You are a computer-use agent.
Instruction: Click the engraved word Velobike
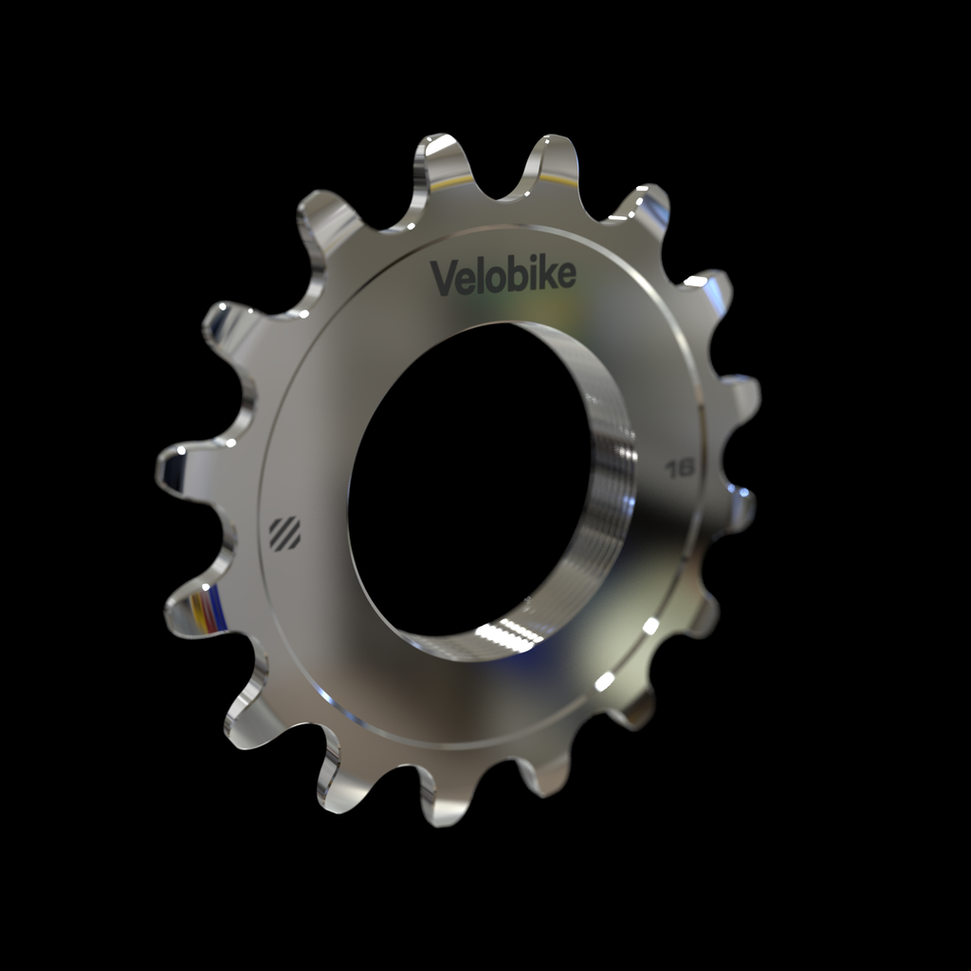click(503, 276)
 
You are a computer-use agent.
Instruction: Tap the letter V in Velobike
click(443, 277)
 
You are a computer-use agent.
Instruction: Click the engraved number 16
click(680, 467)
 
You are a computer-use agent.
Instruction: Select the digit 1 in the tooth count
click(670, 467)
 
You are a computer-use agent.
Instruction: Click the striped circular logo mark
click(284, 533)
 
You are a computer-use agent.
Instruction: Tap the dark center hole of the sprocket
click(465, 474)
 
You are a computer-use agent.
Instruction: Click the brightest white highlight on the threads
click(503, 633)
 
